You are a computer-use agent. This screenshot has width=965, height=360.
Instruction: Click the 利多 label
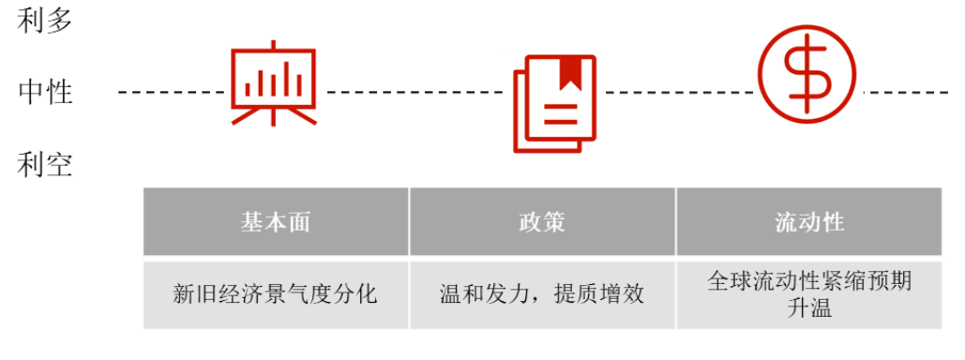45,21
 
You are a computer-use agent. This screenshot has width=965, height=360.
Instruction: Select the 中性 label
45,92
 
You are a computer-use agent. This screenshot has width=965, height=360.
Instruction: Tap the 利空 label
45,165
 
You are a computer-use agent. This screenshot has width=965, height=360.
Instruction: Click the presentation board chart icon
274,83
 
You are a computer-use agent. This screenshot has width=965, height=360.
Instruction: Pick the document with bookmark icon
555,103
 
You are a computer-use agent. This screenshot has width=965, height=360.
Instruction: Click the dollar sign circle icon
807,69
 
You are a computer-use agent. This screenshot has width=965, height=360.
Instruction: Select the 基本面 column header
276,221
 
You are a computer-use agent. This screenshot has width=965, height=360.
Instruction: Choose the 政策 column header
542,221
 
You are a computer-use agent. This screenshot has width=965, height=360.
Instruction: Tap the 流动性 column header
809,221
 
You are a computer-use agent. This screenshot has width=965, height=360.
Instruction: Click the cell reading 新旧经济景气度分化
276,294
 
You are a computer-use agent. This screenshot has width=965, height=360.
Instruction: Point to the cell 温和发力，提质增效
542,294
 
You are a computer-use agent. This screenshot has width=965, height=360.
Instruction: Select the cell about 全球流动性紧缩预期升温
809,294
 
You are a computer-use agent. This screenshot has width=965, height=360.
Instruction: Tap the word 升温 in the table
809,307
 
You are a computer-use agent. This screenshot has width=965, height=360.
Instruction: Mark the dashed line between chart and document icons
415,92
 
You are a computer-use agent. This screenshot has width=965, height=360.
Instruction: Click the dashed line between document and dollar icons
680,92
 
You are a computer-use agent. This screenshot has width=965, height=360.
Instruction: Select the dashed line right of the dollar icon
906,92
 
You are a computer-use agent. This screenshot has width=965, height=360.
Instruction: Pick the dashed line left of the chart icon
172,92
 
